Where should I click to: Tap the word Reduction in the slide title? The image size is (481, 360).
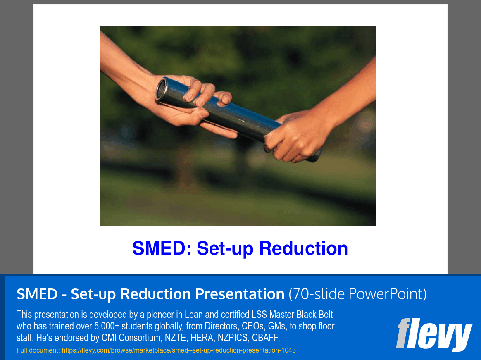coord(304,248)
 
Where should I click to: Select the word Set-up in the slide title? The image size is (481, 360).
coord(225,248)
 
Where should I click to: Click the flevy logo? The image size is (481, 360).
coord(434,334)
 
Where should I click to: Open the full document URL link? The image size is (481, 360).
coord(179,350)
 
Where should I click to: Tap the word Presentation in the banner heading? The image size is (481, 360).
coord(240,294)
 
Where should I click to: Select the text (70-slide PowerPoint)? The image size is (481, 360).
coord(357,294)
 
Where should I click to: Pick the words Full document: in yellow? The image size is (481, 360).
coord(38,350)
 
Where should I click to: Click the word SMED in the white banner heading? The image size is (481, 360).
coord(37,294)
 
